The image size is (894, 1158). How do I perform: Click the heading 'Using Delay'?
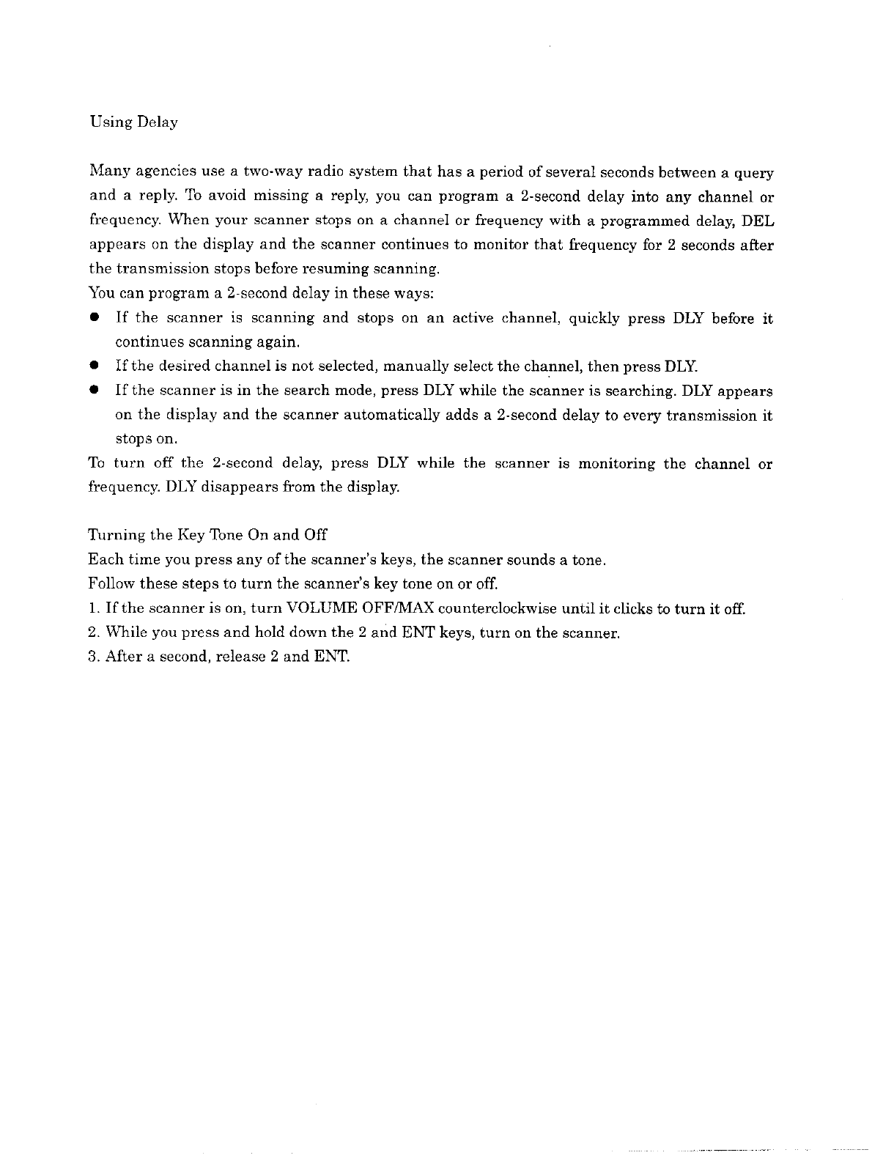point(133,122)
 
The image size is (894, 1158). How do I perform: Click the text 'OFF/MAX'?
point(398,608)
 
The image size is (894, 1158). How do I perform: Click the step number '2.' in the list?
point(93,633)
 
